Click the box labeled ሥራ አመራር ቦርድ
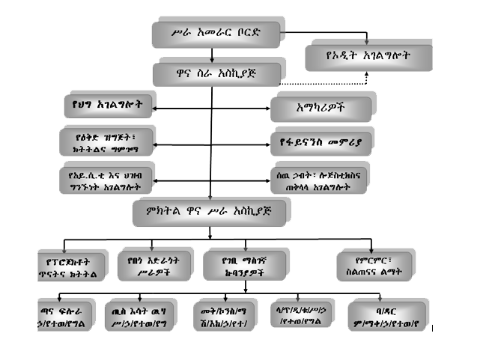pyautogui.click(x=216, y=33)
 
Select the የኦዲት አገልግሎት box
pyautogui.click(x=368, y=56)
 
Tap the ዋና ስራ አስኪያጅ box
pyautogui.click(x=217, y=73)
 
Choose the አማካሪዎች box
pyautogui.click(x=320, y=109)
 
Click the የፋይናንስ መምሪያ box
pyautogui.click(x=320, y=141)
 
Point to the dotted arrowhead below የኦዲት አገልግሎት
pyautogui.click(x=366, y=76)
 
